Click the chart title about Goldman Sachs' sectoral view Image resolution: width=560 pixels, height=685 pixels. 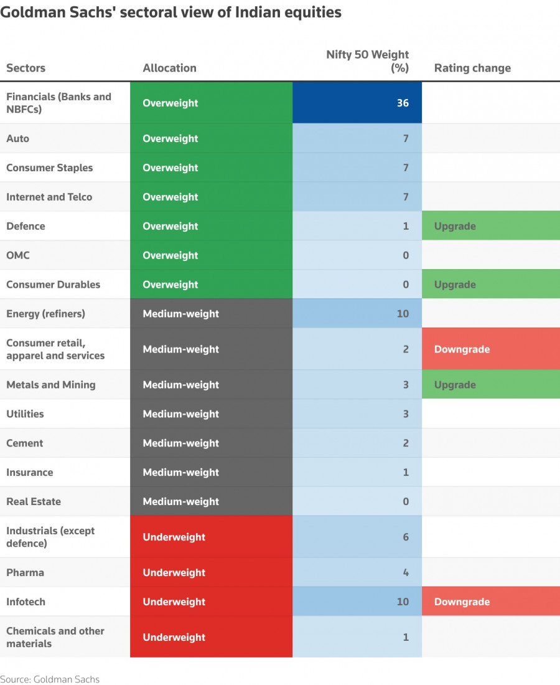(171, 12)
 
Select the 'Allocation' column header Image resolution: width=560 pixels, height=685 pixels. (169, 68)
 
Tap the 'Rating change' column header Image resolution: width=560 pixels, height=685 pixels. (472, 68)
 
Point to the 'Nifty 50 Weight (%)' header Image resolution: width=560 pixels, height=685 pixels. (368, 61)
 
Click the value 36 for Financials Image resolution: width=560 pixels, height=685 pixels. (403, 103)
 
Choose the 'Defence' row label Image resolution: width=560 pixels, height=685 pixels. (26, 226)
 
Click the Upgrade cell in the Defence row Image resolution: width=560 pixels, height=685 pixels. (490, 226)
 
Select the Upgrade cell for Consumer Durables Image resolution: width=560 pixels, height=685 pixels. (490, 285)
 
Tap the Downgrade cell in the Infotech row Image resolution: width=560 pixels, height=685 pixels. (490, 602)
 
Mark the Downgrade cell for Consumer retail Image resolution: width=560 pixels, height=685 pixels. (490, 349)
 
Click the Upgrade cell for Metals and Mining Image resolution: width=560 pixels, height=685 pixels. (490, 385)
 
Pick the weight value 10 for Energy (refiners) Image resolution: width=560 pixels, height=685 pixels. (403, 314)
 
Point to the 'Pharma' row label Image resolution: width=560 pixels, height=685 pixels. (25, 572)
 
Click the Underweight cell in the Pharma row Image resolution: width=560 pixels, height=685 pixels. (174, 572)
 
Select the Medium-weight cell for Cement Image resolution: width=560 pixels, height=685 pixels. (181, 443)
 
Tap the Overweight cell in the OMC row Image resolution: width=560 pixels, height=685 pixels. (170, 255)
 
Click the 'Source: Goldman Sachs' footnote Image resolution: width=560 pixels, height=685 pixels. (50, 679)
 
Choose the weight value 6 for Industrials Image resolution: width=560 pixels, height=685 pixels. (405, 537)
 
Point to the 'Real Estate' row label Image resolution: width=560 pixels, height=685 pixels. (34, 501)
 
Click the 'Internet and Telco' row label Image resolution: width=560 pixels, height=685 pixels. (49, 197)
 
